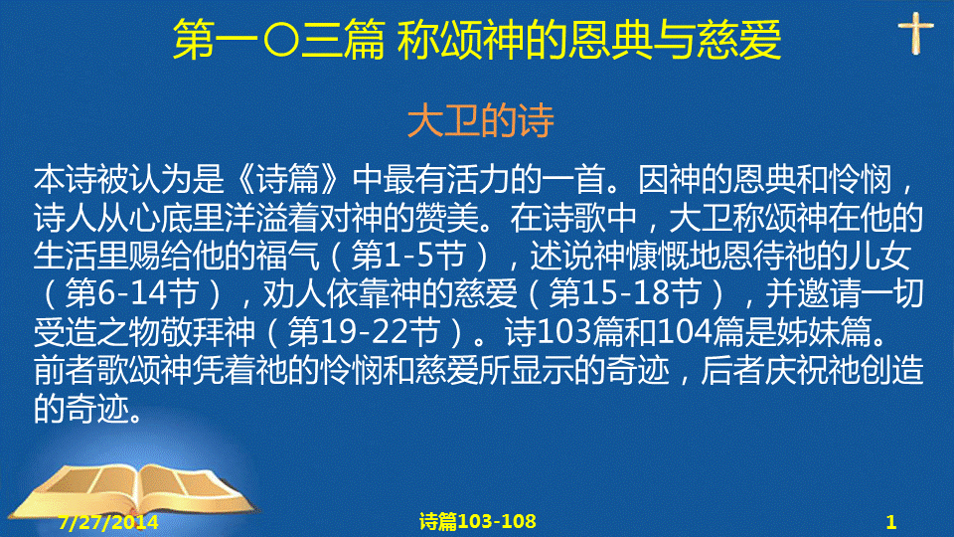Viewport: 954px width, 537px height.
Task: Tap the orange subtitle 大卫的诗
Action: [x=481, y=120]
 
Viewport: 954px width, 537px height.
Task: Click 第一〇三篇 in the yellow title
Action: [x=278, y=40]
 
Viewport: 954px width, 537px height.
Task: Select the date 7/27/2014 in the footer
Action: [x=108, y=522]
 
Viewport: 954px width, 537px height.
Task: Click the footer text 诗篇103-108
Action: [x=478, y=521]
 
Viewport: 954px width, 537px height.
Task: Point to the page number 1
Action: [x=891, y=522]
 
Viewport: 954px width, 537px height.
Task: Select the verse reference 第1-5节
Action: [x=408, y=256]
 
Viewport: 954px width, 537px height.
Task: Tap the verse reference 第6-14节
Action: [x=131, y=293]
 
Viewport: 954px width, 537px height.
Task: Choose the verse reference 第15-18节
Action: [x=625, y=293]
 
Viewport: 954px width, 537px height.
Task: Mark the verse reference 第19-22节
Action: [x=364, y=332]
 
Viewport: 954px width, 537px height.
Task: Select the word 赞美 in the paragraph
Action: [x=447, y=218]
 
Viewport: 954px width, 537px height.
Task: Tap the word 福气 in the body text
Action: [x=288, y=256]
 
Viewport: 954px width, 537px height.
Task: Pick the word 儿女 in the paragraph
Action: [x=879, y=256]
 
